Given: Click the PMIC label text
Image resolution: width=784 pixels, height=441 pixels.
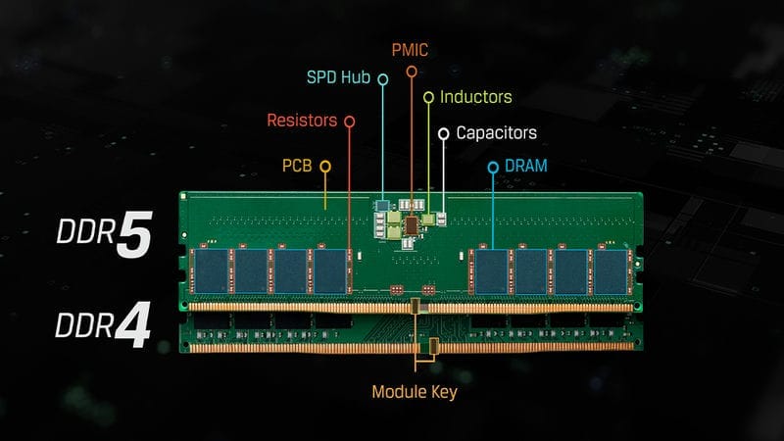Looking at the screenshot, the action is point(410,50).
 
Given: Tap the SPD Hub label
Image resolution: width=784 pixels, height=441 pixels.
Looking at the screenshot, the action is point(338,77).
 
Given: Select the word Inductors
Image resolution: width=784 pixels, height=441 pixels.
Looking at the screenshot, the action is point(476,97).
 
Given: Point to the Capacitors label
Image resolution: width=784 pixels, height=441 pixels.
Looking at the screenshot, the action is point(497,133).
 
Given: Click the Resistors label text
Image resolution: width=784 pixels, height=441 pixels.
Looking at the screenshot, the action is point(302,121).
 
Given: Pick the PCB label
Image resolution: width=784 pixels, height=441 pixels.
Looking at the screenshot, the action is point(297,166).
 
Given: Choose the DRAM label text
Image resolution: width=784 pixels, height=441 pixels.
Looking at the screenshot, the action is point(526,166).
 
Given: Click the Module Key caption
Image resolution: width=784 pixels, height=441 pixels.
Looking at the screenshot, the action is point(415,392).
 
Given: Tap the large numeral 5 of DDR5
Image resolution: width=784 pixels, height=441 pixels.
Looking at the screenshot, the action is point(134,234).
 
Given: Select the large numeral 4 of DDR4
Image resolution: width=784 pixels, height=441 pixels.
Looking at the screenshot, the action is point(133,325).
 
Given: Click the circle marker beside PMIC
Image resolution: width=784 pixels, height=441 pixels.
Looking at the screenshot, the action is point(412,72).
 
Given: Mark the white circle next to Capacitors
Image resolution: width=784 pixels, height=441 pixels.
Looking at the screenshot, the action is point(444,133).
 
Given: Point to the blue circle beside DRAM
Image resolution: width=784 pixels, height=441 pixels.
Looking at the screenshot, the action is point(493,167).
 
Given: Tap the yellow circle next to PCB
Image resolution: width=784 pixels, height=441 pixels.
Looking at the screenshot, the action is point(325,166).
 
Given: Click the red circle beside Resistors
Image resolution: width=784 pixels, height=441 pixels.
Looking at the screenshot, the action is point(350,122).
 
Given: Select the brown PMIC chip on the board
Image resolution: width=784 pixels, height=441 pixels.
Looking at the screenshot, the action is point(412,225).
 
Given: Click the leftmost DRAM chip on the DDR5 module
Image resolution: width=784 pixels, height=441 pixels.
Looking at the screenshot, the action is point(212,271).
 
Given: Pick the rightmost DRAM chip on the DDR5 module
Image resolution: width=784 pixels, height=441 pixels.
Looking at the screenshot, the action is point(611,271).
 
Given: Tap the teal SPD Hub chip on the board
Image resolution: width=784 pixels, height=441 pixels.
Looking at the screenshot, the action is point(382,206).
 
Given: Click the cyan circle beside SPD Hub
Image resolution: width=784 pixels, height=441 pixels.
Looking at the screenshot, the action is point(383,79).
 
